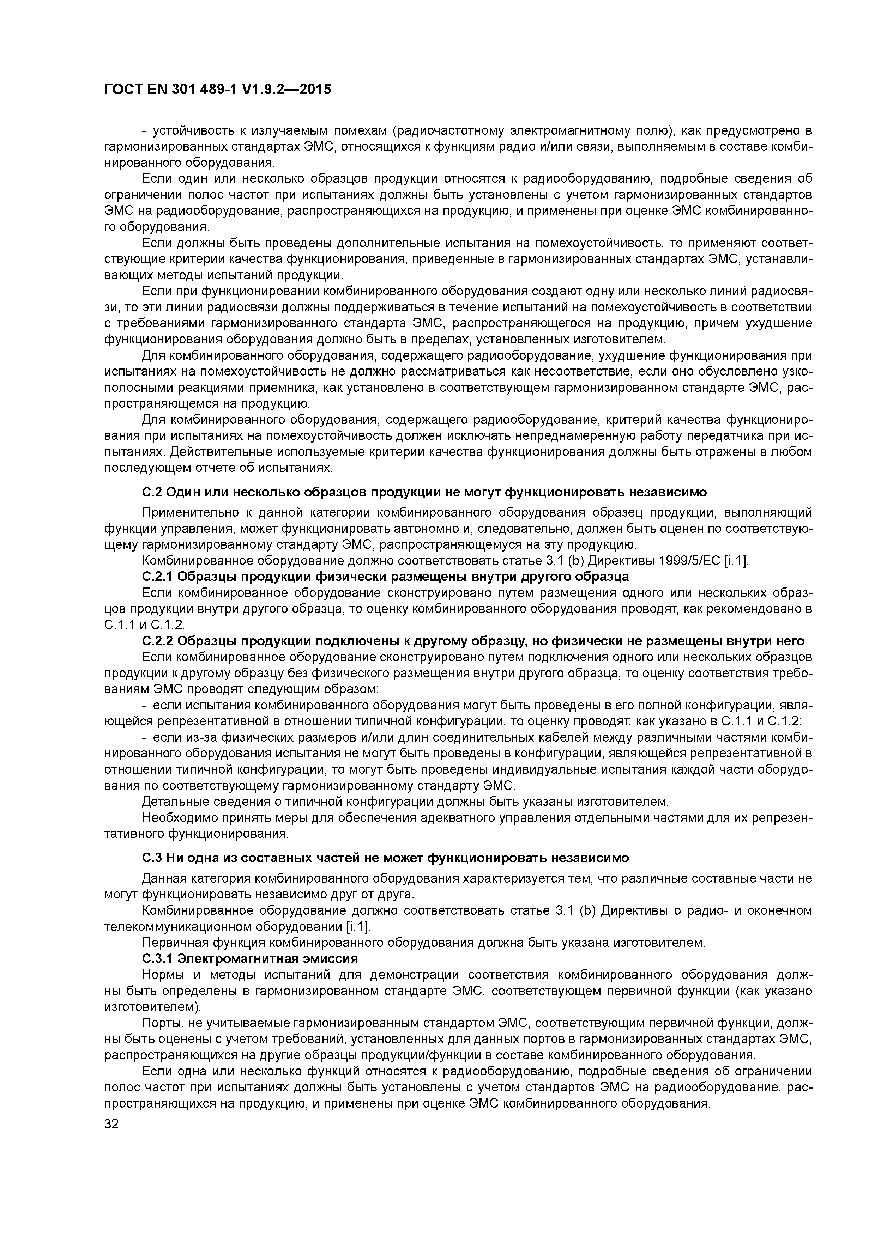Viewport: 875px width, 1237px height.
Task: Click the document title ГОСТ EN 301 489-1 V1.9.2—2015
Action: point(217,90)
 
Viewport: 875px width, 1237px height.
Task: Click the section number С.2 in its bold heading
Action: point(151,492)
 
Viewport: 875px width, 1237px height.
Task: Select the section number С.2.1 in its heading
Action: point(157,577)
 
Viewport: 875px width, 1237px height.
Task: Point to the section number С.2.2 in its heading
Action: point(157,641)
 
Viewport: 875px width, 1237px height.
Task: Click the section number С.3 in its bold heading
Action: point(151,857)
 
